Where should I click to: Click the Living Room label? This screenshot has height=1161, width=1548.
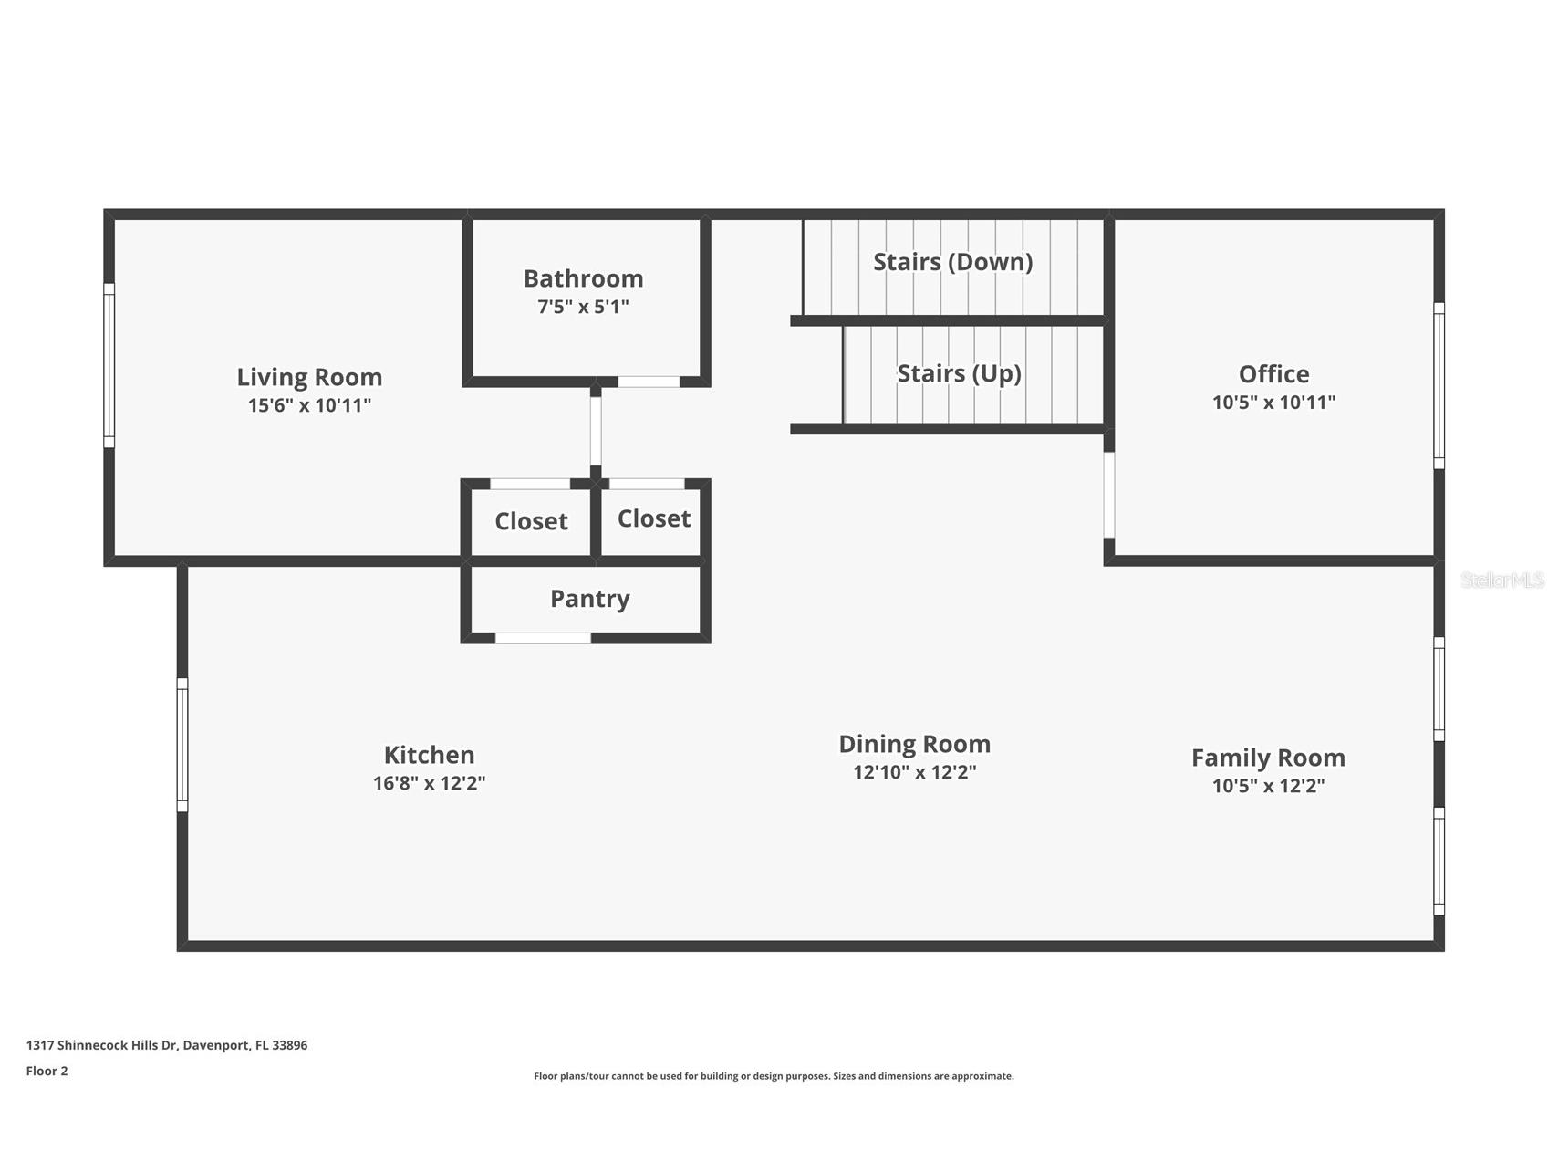click(309, 377)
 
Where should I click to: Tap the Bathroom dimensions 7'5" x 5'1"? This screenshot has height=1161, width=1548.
click(583, 307)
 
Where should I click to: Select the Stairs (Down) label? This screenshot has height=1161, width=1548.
click(953, 262)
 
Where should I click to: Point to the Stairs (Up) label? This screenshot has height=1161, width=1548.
click(959, 373)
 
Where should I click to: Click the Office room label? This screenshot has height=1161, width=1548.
click(1273, 374)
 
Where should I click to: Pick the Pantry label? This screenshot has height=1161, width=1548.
click(590, 599)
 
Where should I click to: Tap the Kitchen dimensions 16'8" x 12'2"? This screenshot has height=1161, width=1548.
click(429, 783)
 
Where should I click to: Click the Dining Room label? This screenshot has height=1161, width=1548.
click(914, 745)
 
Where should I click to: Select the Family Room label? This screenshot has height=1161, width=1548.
click(1268, 758)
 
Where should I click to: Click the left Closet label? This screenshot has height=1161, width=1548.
click(531, 521)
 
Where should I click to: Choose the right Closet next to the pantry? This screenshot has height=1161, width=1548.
click(654, 518)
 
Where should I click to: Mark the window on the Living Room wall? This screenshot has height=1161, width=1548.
click(109, 365)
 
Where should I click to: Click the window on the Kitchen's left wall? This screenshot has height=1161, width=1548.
click(182, 745)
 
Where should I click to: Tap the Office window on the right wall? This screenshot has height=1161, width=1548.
click(1439, 386)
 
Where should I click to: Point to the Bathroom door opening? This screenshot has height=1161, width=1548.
click(649, 382)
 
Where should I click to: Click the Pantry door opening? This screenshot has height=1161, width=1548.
click(543, 638)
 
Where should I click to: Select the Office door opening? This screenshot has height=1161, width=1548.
click(1109, 495)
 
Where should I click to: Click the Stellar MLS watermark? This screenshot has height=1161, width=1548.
click(1502, 580)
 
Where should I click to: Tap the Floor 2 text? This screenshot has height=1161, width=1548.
click(47, 1071)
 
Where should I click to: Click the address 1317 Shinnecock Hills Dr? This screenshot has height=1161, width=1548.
click(101, 1045)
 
